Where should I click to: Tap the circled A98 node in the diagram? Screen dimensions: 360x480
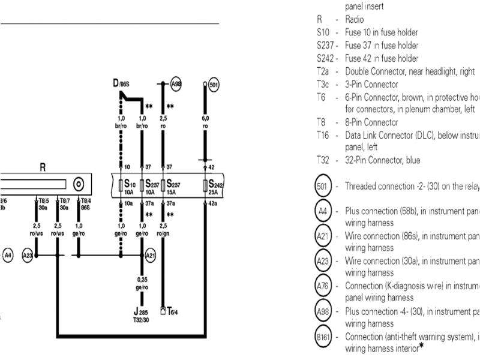[175, 85]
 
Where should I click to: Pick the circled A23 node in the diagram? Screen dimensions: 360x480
[27, 255]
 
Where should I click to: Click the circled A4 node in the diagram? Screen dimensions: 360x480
[8, 255]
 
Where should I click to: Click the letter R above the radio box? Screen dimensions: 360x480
[43, 169]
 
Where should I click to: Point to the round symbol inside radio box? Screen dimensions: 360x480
[77, 184]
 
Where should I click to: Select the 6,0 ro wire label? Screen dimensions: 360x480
[205, 123]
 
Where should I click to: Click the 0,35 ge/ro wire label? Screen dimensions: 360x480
[142, 283]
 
